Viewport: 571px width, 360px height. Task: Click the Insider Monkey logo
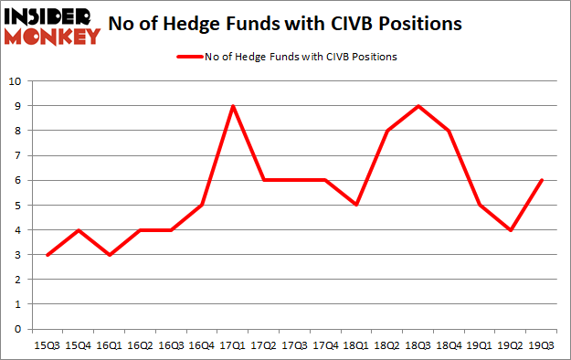click(51, 26)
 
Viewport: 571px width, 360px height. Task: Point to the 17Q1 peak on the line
click(234, 106)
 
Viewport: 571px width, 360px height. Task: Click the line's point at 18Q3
click(418, 106)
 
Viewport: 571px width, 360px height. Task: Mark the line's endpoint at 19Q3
click(542, 180)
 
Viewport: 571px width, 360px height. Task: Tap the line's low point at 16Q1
click(111, 255)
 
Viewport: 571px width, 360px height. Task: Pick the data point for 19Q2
click(511, 230)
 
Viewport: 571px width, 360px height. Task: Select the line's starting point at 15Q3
click(48, 255)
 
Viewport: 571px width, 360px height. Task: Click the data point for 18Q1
click(357, 206)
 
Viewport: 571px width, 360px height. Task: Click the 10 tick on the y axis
click(16, 81)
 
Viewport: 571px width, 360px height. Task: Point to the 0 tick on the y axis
click(18, 330)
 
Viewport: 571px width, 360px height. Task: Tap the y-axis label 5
click(18, 206)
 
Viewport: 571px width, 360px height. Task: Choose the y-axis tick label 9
click(18, 106)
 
